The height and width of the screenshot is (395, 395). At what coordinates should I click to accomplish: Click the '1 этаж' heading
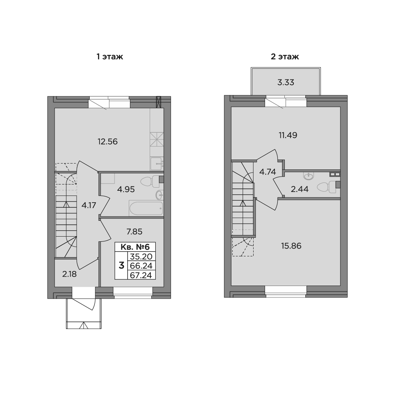tap(110, 56)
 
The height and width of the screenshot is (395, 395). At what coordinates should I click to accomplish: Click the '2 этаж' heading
tap(285, 56)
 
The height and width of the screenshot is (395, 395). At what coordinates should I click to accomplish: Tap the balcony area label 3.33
tap(286, 83)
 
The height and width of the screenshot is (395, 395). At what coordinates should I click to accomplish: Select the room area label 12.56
tap(107, 141)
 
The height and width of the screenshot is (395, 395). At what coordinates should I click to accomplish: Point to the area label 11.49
tap(288, 135)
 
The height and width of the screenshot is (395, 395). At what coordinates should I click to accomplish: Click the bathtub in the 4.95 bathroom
tap(146, 208)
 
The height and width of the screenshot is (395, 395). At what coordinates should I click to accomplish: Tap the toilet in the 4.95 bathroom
tap(150, 182)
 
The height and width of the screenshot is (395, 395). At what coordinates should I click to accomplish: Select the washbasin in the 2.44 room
tap(309, 176)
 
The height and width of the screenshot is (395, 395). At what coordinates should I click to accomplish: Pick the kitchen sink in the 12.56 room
tap(157, 164)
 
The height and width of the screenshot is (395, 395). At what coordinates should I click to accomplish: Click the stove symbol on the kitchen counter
tap(157, 139)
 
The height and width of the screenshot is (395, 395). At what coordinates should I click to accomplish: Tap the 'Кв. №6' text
tap(135, 247)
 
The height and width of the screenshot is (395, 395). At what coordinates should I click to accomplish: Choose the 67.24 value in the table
tap(141, 275)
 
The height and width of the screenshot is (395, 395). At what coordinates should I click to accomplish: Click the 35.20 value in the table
tap(141, 256)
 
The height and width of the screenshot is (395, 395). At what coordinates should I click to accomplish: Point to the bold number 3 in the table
tap(121, 265)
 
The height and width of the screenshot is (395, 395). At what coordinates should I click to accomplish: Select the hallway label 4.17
tap(89, 205)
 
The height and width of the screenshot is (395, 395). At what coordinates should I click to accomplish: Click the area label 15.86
tap(291, 246)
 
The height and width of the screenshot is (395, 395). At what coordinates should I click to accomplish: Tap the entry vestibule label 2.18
tap(69, 274)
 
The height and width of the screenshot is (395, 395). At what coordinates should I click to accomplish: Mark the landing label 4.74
tap(267, 172)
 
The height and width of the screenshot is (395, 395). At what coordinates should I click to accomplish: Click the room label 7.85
tap(135, 231)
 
